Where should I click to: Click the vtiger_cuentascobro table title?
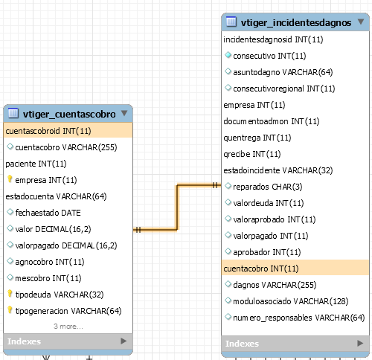tap(69, 115)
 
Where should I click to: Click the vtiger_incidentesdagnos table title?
tap(296, 23)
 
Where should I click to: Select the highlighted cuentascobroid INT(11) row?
tap(68, 131)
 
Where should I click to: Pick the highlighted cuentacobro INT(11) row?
tap(295, 269)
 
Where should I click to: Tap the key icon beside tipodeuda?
tap(10, 294)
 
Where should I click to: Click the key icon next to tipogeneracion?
tap(10, 310)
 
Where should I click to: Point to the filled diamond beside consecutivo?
tap(228, 55)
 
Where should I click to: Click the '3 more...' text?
tap(68, 327)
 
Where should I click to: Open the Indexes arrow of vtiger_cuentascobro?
tap(124, 341)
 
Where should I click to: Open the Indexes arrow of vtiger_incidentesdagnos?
tap(360, 344)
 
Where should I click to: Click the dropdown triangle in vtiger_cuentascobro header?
tap(124, 113)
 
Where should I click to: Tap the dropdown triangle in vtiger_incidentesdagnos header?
tap(361, 22)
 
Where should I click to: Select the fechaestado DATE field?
tap(48, 213)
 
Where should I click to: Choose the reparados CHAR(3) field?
tap(268, 187)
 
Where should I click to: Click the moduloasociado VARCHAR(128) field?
tap(291, 301)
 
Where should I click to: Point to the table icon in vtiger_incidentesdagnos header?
tap(231, 22)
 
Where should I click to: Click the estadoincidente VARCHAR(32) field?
tap(278, 170)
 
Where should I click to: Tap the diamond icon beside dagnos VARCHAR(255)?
tap(228, 284)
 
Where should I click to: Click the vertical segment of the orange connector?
tap(177, 208)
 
